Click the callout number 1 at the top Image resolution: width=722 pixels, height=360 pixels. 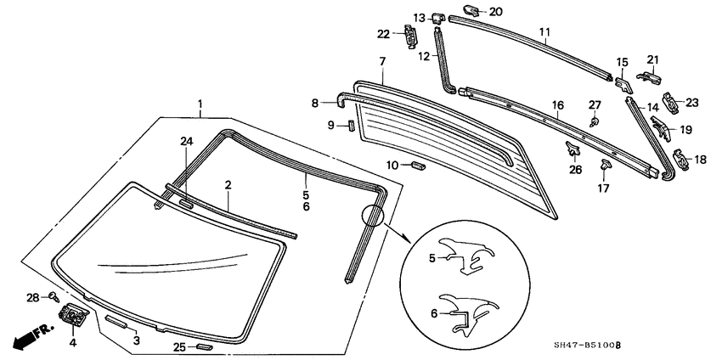[x=200, y=106]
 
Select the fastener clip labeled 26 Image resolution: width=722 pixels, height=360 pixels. [x=573, y=151]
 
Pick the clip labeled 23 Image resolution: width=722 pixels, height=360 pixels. [x=671, y=101]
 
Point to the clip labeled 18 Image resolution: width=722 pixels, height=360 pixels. [x=682, y=157]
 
